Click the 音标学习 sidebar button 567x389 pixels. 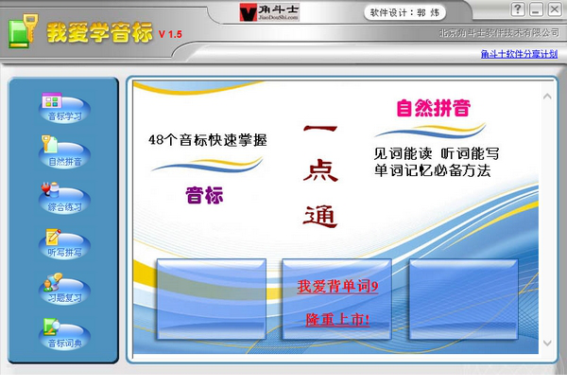(x=64, y=108)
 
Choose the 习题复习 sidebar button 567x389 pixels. (x=64, y=289)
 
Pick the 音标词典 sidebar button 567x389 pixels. (x=64, y=334)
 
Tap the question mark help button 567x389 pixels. (x=518, y=9)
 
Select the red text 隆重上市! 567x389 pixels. (x=337, y=320)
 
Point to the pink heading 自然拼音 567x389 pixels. (x=434, y=108)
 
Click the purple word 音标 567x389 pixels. (x=204, y=195)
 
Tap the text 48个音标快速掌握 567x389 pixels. (x=208, y=140)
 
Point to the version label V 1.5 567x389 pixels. (x=170, y=34)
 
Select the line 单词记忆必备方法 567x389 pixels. (x=434, y=170)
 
